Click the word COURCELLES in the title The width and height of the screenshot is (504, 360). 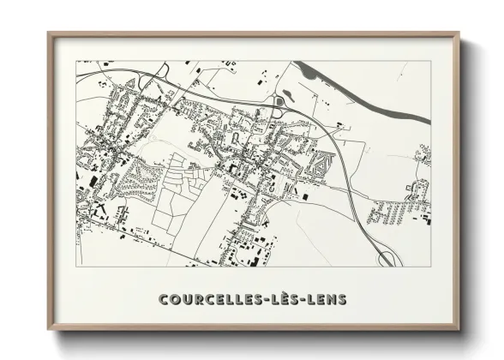click(x=215, y=298)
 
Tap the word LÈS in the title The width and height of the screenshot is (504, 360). click(x=293, y=298)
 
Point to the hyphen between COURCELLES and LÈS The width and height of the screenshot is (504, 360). click(x=273, y=299)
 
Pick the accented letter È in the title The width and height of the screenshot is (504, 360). click(x=293, y=297)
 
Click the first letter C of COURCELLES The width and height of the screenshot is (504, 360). click(x=164, y=298)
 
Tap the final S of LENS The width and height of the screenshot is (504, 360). click(x=345, y=298)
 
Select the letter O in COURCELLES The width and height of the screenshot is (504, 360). click(x=176, y=298)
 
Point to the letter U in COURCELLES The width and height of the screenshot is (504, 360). click(x=188, y=298)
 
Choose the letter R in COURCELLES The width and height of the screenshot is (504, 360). click(x=200, y=298)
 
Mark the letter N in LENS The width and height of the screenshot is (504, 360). click(x=336, y=298)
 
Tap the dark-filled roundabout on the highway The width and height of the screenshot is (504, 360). click(x=278, y=103)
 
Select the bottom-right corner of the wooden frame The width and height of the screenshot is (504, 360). click(x=459, y=329)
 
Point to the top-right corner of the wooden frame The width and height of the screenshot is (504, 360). click(x=459, y=34)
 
